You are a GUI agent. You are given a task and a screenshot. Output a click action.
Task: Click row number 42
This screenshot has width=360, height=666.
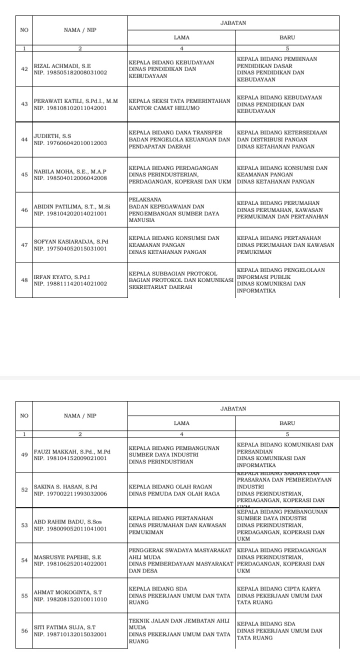click(x=24, y=69)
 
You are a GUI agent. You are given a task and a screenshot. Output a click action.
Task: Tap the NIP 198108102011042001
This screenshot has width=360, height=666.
click(x=70, y=108)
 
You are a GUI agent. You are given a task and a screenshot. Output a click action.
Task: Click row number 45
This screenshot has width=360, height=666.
click(x=24, y=175)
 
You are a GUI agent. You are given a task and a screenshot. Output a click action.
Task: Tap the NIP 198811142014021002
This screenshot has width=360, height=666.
click(x=70, y=284)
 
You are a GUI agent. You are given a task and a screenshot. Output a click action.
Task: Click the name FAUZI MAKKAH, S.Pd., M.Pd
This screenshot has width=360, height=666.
click(x=71, y=451)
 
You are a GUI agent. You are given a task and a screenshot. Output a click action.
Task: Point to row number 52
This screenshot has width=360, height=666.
click(x=24, y=490)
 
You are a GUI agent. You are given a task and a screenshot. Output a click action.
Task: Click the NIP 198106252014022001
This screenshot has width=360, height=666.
click(x=70, y=563)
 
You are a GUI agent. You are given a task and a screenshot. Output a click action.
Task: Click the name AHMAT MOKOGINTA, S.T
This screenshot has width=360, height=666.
click(x=67, y=592)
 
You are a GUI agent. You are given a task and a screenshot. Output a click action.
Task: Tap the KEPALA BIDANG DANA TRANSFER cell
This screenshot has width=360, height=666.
click(x=179, y=140)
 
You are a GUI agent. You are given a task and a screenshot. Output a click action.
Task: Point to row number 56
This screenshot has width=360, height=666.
click(x=24, y=630)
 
